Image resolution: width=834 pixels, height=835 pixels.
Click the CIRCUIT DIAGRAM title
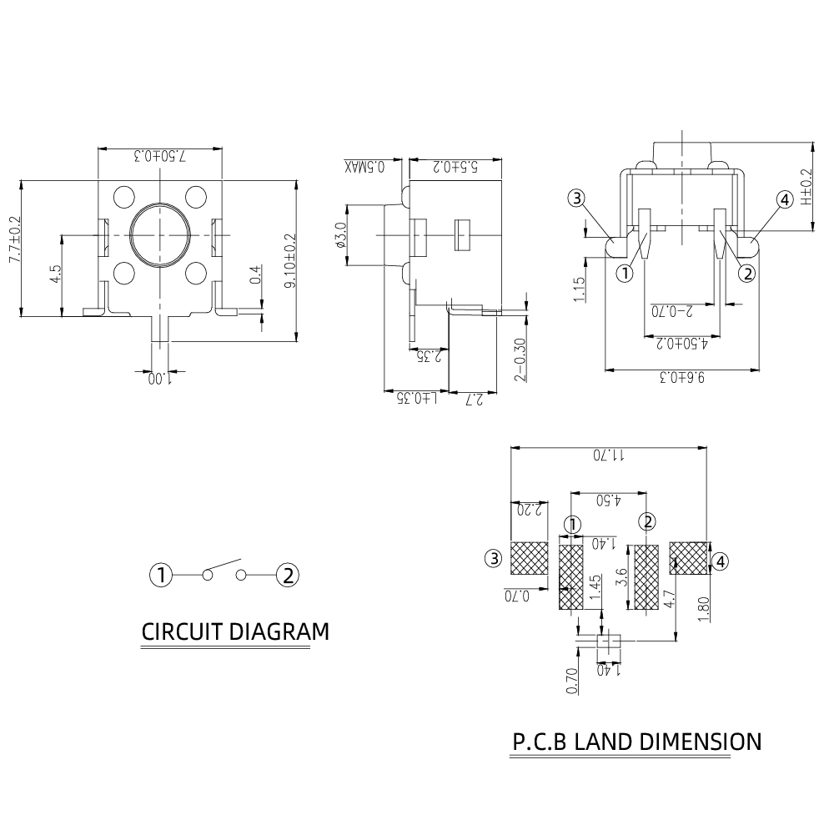(235, 631)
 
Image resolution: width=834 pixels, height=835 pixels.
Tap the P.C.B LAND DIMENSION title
(636, 742)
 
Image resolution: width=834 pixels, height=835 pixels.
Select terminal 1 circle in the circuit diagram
(161, 575)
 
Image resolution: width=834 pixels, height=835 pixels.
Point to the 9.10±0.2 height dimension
(291, 260)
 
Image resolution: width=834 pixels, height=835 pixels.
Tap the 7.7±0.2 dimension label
(13, 239)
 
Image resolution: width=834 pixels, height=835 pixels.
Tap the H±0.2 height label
(806, 187)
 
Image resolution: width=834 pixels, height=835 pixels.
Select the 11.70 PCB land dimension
(610, 455)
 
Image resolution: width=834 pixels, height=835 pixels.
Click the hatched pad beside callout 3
(529, 558)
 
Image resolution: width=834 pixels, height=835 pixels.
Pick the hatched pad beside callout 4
(688, 558)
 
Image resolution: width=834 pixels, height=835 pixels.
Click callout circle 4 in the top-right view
(784, 199)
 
